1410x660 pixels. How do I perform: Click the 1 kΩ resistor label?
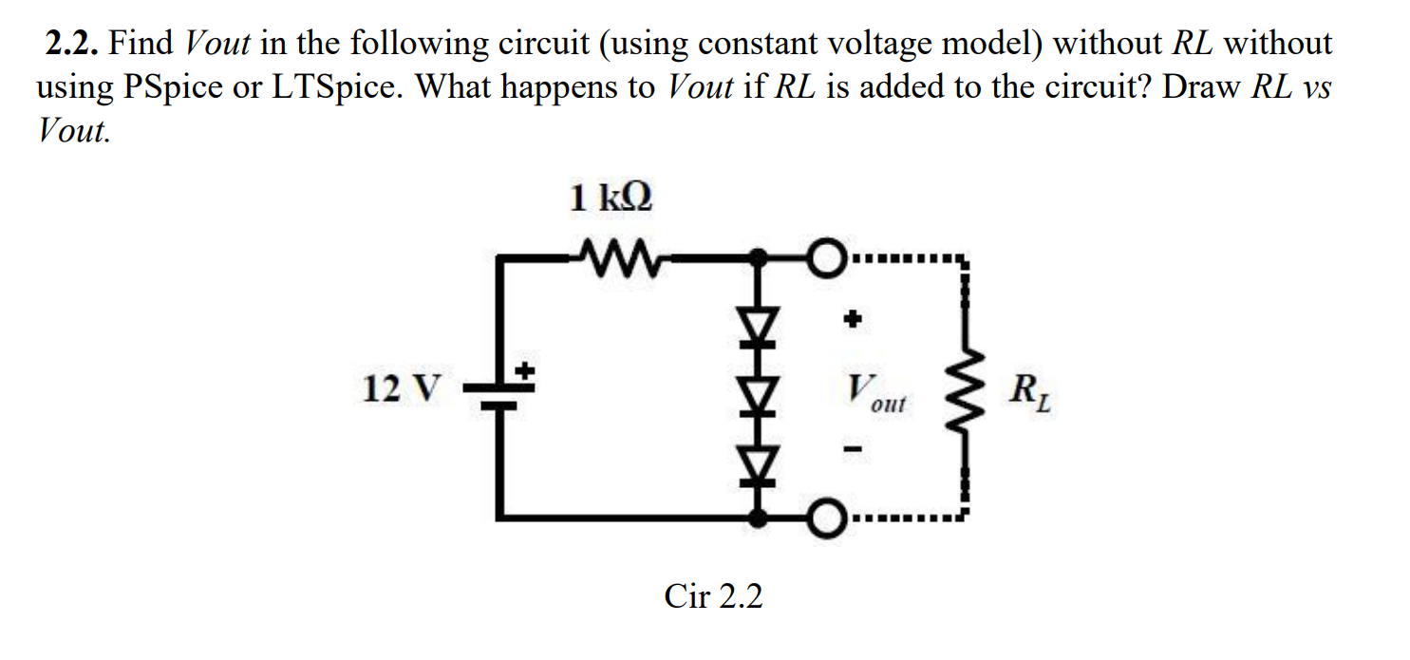coord(611,199)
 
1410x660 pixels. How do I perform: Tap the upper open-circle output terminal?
coord(826,256)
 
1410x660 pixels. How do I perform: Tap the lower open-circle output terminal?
coord(826,519)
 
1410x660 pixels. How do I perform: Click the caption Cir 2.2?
coord(713,596)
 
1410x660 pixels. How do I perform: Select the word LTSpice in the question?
coord(338,87)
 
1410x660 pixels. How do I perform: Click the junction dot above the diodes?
coord(758,256)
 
